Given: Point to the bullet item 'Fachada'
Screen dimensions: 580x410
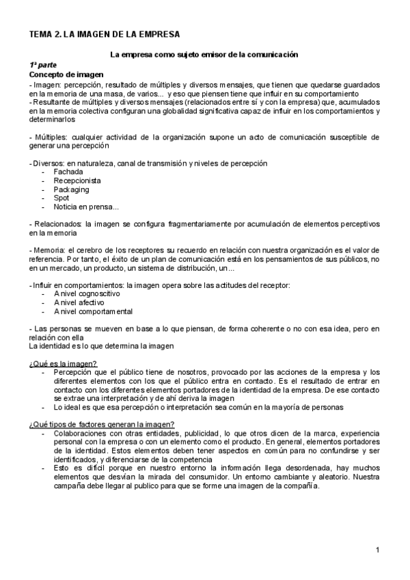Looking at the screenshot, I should [68, 172].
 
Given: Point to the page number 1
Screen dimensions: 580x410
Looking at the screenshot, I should [377, 550].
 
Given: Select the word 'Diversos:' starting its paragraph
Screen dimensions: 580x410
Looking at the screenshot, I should [48, 163].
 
